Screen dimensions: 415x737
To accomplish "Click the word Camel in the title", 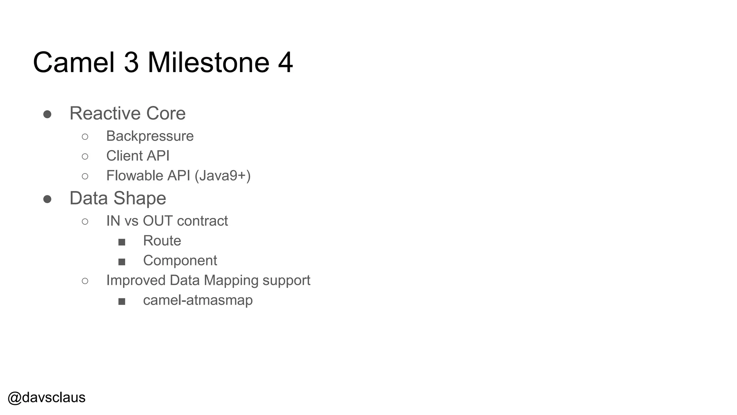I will click(x=74, y=62).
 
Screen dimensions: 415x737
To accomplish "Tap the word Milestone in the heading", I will click(x=208, y=62).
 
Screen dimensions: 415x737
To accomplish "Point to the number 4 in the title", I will click(x=285, y=62).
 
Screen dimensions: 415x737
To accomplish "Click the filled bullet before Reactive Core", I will click(x=47, y=114).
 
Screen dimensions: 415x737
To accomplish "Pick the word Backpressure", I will click(x=150, y=136).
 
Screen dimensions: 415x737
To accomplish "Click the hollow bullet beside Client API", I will click(x=85, y=156).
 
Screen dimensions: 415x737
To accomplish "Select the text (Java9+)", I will click(x=222, y=176).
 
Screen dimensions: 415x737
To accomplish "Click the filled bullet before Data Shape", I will click(x=47, y=199).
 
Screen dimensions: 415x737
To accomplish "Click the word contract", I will click(x=203, y=221).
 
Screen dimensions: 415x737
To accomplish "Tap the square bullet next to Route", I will click(x=122, y=242).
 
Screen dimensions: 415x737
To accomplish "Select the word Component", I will click(x=180, y=260).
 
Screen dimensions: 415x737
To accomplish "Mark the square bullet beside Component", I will click(x=122, y=262).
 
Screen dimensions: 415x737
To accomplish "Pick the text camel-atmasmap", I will click(x=198, y=300).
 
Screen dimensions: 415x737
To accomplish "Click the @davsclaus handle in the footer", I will click(x=46, y=397).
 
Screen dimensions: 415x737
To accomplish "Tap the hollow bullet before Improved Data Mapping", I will click(x=85, y=281).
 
